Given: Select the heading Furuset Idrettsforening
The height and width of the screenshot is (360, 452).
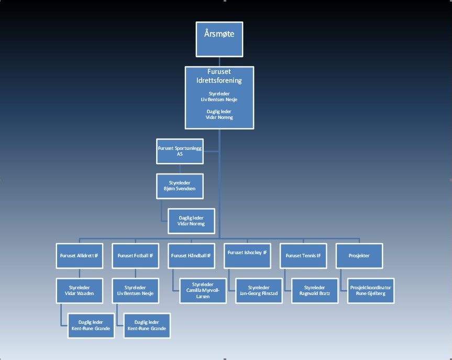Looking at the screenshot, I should pyautogui.click(x=219, y=77).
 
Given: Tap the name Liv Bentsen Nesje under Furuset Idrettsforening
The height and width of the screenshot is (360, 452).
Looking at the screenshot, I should pyautogui.click(x=219, y=100).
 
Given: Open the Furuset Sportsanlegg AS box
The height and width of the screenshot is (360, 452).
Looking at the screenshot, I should pyautogui.click(x=179, y=151).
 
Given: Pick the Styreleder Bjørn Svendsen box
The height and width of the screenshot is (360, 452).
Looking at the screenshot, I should pyautogui.click(x=179, y=186).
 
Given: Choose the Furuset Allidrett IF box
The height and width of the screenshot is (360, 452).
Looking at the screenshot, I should pyautogui.click(x=79, y=256).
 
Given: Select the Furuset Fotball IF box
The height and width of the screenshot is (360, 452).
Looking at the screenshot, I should pyautogui.click(x=135, y=256).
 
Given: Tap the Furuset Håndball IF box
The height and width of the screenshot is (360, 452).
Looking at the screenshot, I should pyautogui.click(x=191, y=256).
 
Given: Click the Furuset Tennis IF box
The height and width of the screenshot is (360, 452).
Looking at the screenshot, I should pyautogui.click(x=303, y=256).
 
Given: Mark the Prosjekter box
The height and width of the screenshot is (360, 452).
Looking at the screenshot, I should pyautogui.click(x=359, y=256).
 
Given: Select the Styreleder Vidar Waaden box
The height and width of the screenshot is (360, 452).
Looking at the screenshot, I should pyautogui.click(x=79, y=290).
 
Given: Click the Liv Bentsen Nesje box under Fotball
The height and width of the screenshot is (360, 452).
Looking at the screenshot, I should pyautogui.click(x=135, y=290).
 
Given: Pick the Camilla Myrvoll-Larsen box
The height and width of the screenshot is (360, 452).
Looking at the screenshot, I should pyautogui.click(x=202, y=290).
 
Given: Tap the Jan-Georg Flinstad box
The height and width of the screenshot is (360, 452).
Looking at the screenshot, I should pyautogui.click(x=259, y=290).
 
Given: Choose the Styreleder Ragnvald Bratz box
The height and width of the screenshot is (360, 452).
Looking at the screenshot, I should pyautogui.click(x=315, y=290).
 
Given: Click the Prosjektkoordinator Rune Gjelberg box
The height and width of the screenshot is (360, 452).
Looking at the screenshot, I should pyautogui.click(x=371, y=290).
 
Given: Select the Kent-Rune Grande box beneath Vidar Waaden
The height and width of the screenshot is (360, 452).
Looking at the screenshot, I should pyautogui.click(x=90, y=325).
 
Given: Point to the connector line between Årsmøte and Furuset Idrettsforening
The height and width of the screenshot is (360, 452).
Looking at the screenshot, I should pyautogui.click(x=219, y=61).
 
